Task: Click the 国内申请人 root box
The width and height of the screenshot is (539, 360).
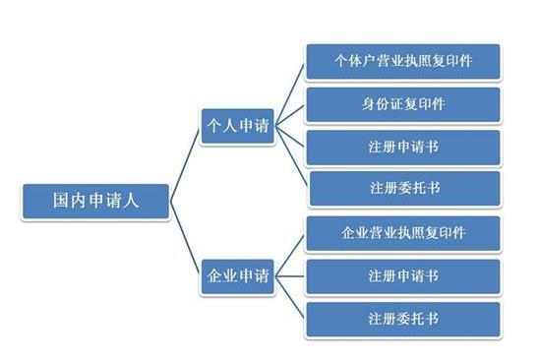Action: tap(95, 199)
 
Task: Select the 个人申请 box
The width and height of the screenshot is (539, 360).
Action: tap(236, 126)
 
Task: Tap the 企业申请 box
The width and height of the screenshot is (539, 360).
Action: tap(236, 275)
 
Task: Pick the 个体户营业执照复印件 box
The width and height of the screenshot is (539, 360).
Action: tap(403, 61)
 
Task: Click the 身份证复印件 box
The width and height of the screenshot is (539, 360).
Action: tap(403, 103)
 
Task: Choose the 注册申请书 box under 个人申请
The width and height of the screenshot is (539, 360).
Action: tap(403, 146)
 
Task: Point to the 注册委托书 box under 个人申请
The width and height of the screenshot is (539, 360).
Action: tap(403, 188)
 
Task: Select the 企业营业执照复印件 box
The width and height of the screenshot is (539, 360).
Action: tap(403, 233)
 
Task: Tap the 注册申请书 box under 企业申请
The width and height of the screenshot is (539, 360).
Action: tap(403, 275)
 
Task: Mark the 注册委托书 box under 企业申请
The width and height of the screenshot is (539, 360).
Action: tap(403, 319)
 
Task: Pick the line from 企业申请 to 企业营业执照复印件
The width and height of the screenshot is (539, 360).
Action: tap(290, 254)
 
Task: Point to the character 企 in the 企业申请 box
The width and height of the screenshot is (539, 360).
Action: tap(212, 275)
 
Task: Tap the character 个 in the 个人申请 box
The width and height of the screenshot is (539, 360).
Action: tap(212, 126)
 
